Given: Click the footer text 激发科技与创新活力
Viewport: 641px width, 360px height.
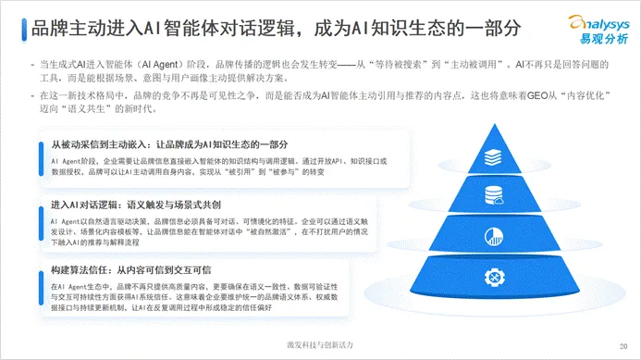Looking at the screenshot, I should click(x=319, y=344).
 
